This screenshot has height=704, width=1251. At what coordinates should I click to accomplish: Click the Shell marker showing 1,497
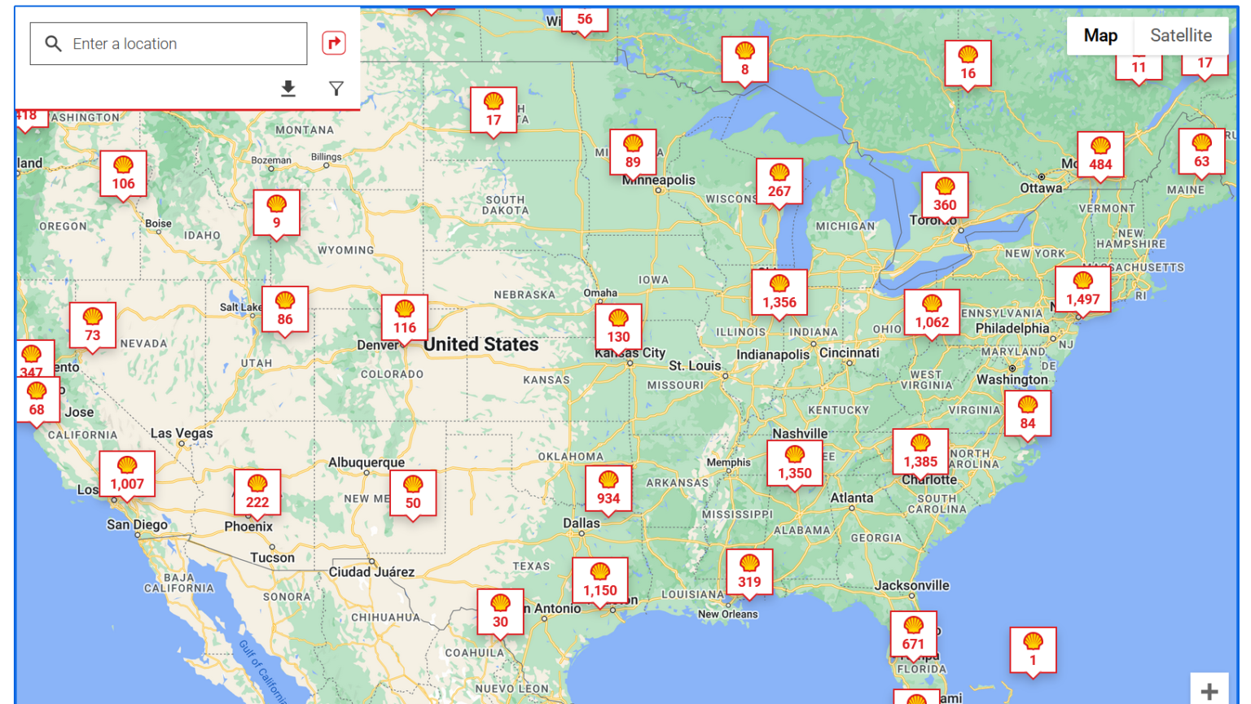coord(1082,290)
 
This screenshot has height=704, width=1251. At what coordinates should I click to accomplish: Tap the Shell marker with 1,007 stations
coord(127,474)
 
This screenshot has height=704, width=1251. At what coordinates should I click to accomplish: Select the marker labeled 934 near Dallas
coord(608,489)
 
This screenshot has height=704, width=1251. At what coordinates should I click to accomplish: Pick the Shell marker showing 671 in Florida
coord(913,635)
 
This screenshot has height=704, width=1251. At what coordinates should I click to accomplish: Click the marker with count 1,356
coord(779,293)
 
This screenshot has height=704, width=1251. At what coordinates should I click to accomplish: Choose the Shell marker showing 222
coord(257,493)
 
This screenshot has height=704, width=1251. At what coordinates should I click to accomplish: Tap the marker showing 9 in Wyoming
coord(277,213)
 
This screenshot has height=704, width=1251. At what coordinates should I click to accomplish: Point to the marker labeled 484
coord(1100,155)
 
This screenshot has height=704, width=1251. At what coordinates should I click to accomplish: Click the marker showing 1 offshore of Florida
coord(1033,650)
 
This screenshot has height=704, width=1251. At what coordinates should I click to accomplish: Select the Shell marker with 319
coord(749,572)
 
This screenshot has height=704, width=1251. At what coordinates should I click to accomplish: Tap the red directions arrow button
coord(334,43)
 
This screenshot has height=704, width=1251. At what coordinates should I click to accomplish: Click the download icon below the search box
coord(288,88)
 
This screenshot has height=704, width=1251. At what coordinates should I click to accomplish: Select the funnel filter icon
coord(336,88)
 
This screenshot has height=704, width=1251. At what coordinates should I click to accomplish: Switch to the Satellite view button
coord(1180,35)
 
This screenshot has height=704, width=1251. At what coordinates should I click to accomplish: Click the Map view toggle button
coord(1100,35)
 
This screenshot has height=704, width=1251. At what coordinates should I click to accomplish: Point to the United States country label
coord(481,344)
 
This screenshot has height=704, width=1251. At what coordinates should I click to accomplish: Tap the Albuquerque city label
coord(367,462)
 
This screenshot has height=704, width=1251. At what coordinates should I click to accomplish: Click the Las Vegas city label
coord(182,433)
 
